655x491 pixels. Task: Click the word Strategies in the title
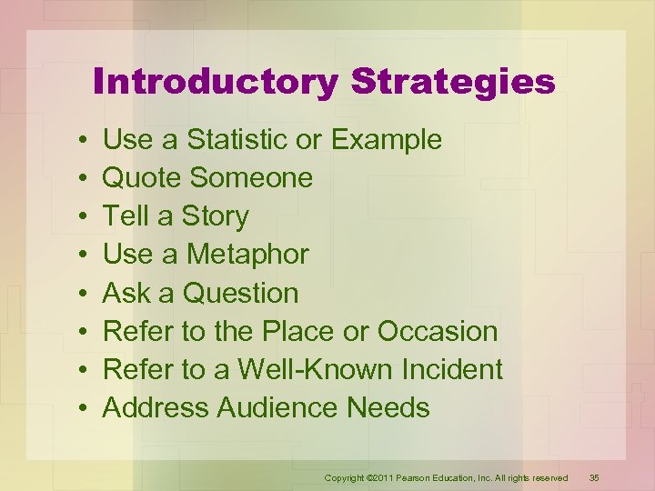coord(453,83)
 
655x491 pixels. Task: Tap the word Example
coord(387,140)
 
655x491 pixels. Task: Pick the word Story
coord(215,217)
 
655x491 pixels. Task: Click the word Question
coord(241,294)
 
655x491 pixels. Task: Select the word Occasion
coord(438,332)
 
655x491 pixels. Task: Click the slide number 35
coord(595,477)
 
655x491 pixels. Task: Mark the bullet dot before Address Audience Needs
coord(82,409)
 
